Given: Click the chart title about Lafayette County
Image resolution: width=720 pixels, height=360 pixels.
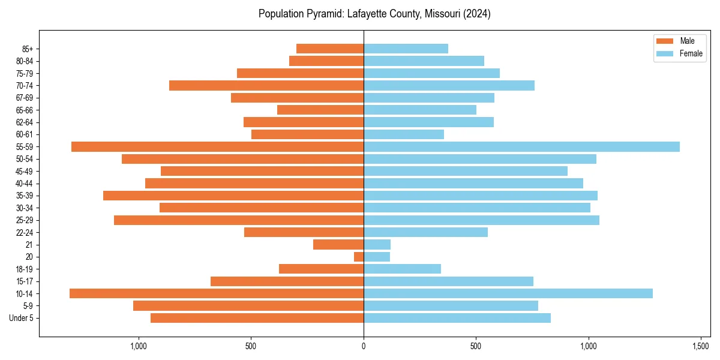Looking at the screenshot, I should (x=374, y=14).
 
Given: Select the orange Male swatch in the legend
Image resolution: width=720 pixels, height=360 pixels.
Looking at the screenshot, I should (x=665, y=41).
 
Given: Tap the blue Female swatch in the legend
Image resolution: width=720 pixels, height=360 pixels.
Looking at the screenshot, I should (x=665, y=53).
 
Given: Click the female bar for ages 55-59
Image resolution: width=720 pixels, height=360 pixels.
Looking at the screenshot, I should (x=521, y=146).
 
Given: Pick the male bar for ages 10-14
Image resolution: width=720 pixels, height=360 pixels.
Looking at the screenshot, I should (x=217, y=293).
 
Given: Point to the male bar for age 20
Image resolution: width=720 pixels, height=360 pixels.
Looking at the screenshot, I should (x=359, y=257).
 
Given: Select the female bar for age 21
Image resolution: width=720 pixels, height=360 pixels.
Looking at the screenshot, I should (x=377, y=244).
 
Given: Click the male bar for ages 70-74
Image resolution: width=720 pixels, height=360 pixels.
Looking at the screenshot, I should (x=266, y=85).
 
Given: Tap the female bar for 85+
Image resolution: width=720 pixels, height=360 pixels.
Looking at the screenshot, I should (x=406, y=49).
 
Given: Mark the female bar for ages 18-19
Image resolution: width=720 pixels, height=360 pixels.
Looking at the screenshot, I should (x=402, y=269).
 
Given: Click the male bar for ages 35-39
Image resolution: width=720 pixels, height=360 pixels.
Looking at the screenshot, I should (x=233, y=196).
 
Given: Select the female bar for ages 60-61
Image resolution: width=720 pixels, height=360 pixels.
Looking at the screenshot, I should (x=404, y=134).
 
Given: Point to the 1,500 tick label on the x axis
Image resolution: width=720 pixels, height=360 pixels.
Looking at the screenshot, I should (x=701, y=346).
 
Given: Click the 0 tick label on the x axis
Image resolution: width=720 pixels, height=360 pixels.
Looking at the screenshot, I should (x=364, y=346).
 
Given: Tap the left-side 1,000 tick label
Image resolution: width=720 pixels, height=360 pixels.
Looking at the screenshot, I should (x=139, y=346).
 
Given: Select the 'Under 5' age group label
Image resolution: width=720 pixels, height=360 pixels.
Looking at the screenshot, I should (x=21, y=318).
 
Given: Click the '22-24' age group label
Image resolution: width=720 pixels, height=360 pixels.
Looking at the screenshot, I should (x=25, y=232).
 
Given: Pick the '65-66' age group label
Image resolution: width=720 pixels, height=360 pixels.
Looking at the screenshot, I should (x=25, y=110).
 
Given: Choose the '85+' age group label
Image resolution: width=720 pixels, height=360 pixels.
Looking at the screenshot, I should (x=27, y=49).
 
